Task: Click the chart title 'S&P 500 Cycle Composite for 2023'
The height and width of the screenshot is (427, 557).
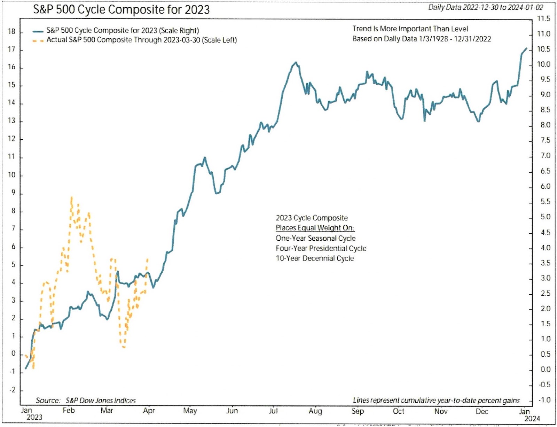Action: tap(121, 9)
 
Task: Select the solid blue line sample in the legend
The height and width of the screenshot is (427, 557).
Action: tap(38, 31)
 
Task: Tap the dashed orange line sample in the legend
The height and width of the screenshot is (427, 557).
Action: tap(38, 40)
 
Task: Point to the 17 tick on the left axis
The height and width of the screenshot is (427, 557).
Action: tap(11, 49)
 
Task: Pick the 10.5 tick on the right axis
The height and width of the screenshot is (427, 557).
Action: tap(543, 49)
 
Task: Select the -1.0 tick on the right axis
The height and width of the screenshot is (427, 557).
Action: tap(544, 400)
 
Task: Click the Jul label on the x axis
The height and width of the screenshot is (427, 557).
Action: tap(273, 411)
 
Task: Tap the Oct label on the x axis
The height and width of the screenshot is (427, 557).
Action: tap(398, 411)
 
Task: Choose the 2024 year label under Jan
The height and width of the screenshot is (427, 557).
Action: tap(532, 419)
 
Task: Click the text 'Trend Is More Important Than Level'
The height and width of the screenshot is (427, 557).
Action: tap(410, 29)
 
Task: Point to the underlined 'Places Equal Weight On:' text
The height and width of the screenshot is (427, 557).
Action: tap(315, 228)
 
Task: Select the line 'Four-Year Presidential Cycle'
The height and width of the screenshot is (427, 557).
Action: tap(321, 248)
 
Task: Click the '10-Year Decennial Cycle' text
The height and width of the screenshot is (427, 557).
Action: tap(315, 258)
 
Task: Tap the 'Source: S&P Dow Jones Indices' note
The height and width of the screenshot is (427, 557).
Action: tap(86, 401)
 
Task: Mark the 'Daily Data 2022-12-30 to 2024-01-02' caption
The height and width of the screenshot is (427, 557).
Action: tap(485, 7)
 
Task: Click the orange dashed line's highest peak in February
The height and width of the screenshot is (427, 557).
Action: tap(71, 198)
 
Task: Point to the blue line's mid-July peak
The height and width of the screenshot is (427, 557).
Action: tap(296, 63)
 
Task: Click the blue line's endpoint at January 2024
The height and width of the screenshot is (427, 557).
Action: tap(527, 48)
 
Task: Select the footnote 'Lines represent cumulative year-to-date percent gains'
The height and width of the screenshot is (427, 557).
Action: tap(436, 401)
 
